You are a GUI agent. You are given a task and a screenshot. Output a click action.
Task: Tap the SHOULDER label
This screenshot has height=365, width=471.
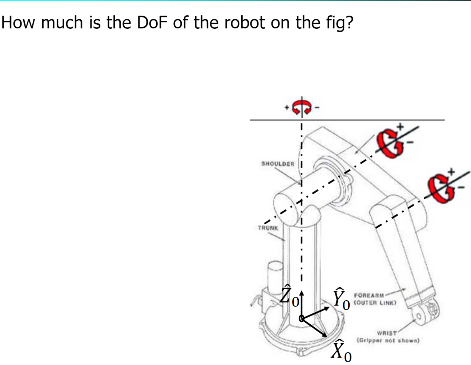point(278,164)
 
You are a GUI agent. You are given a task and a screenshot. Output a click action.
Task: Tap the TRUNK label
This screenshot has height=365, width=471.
point(268,228)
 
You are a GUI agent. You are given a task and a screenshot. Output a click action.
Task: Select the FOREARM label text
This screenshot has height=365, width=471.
point(369,296)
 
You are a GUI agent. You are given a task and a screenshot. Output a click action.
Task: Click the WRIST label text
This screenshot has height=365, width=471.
point(387,333)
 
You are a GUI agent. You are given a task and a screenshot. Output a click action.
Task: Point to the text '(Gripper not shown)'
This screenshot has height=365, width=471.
point(388,341)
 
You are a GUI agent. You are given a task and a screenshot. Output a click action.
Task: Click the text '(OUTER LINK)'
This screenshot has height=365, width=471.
point(374,302)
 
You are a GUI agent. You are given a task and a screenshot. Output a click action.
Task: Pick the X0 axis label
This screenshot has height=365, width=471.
point(341,350)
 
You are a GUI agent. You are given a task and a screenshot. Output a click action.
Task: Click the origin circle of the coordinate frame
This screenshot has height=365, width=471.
point(301,318)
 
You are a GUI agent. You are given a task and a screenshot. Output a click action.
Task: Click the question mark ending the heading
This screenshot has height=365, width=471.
point(349,23)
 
